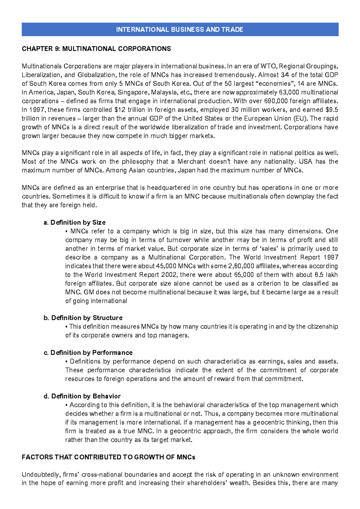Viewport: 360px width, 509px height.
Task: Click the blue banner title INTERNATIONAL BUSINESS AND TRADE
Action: pos(179,29)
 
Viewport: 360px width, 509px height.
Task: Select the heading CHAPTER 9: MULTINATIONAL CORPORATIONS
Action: pos(96,49)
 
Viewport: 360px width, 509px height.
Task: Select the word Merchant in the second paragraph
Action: pos(191,161)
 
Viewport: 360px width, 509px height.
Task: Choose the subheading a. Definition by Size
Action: pos(75,222)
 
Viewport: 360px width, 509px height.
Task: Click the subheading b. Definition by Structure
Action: pos(83,318)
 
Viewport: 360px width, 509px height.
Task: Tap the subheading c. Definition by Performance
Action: pos(88,353)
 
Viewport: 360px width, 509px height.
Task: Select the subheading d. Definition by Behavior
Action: pos(82,396)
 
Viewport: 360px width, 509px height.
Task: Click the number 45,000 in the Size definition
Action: pos(166,266)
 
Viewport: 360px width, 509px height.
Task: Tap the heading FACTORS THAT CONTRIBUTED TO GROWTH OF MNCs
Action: pos(109,457)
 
